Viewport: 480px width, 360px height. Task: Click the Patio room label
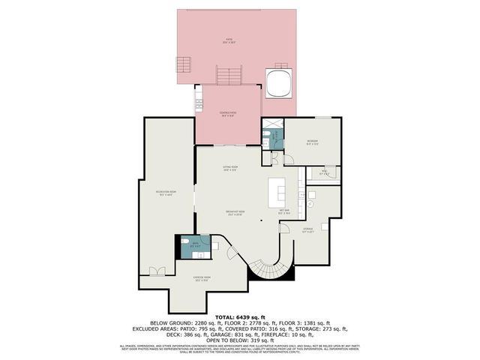coord(230,42)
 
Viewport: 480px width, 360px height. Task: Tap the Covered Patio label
coord(228,114)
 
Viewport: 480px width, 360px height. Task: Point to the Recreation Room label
coord(165,193)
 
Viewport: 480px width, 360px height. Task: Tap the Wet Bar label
coord(285,211)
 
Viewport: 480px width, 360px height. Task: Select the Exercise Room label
coord(201,280)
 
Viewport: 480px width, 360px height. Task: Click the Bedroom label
coord(311,142)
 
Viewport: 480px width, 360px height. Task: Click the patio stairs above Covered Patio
coord(229,76)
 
